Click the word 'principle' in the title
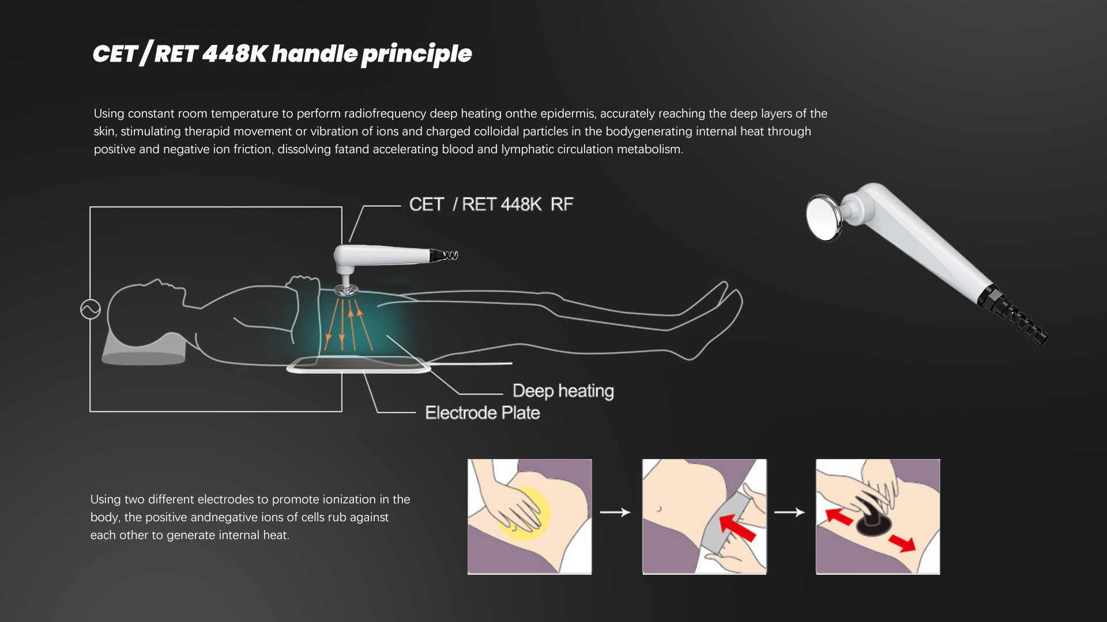(416, 54)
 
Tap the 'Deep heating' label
(563, 391)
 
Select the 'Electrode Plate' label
(483, 413)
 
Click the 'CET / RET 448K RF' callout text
(491, 204)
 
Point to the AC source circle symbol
(91, 309)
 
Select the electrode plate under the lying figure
(358, 365)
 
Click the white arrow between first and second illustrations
(615, 512)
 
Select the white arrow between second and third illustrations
(789, 512)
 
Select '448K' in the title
(235, 54)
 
